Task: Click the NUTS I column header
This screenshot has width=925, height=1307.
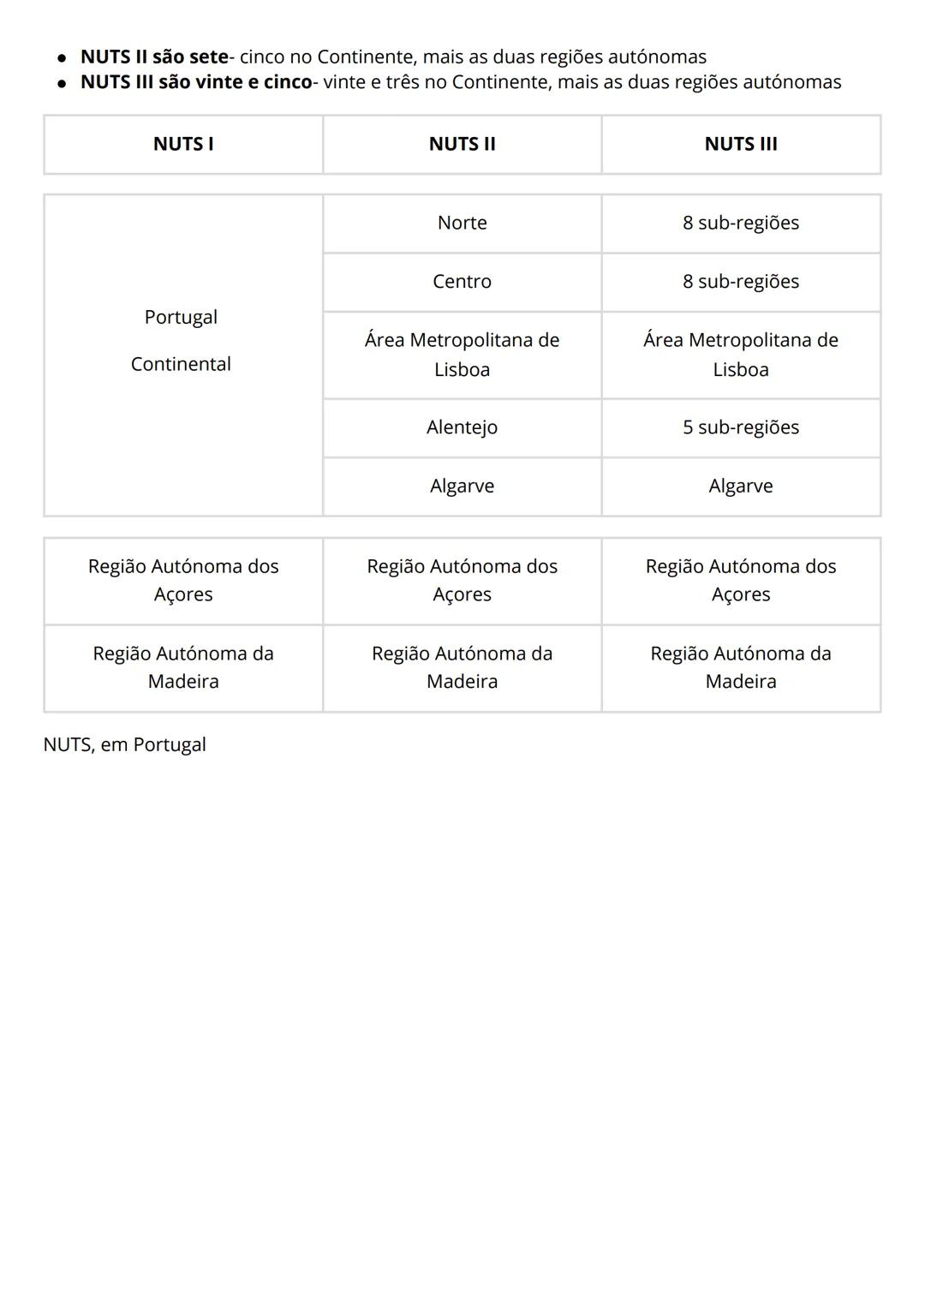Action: [x=183, y=144]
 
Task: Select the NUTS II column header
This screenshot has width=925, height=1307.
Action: [x=462, y=144]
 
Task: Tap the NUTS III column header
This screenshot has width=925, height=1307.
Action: [x=741, y=144]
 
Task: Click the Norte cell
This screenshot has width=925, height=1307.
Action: [x=462, y=223]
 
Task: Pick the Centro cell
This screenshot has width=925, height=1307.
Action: [x=462, y=282]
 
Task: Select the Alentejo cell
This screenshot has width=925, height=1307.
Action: [x=462, y=427]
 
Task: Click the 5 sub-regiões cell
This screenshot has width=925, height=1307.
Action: [x=741, y=427]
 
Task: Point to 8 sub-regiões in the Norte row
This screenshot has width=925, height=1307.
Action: [x=741, y=223]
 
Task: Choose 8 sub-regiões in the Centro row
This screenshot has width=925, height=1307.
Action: [x=741, y=282]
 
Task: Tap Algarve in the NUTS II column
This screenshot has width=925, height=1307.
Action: [x=462, y=486]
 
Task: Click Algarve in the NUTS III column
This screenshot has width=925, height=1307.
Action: [x=741, y=486]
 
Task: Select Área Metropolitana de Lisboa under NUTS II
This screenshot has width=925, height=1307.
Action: [x=462, y=355]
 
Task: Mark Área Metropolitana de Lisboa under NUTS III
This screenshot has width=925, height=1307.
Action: [x=741, y=355]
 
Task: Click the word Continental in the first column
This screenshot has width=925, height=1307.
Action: [x=181, y=364]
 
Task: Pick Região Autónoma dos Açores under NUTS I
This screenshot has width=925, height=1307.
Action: [x=183, y=580]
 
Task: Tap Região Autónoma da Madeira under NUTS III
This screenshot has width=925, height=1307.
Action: [x=741, y=667]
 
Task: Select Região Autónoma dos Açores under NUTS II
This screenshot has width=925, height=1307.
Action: [x=462, y=580]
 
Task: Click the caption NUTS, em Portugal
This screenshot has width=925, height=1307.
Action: [x=125, y=744]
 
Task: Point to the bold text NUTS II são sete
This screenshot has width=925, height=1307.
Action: [x=154, y=57]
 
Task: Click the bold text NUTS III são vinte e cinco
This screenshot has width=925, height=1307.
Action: [x=196, y=82]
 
